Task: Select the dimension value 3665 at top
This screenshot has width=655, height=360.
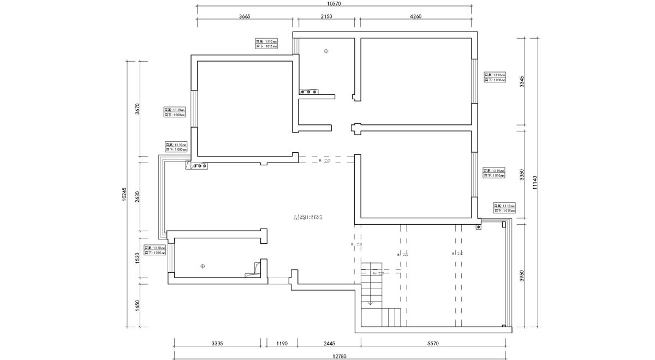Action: point(245,17)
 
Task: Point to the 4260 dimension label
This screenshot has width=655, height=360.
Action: point(415,17)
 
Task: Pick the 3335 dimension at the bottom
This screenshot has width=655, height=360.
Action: point(217,344)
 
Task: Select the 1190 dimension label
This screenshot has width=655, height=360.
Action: point(282,344)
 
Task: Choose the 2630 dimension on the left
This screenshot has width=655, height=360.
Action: point(138,196)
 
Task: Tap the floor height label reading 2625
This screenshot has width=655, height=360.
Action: point(308,217)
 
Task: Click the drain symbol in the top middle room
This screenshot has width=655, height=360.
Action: point(326,51)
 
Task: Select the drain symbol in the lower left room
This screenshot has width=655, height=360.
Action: point(202,266)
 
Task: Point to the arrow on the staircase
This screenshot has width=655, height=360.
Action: point(370,302)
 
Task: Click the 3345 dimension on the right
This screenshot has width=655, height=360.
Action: point(522,82)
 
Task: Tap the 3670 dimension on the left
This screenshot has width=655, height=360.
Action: point(138,109)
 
